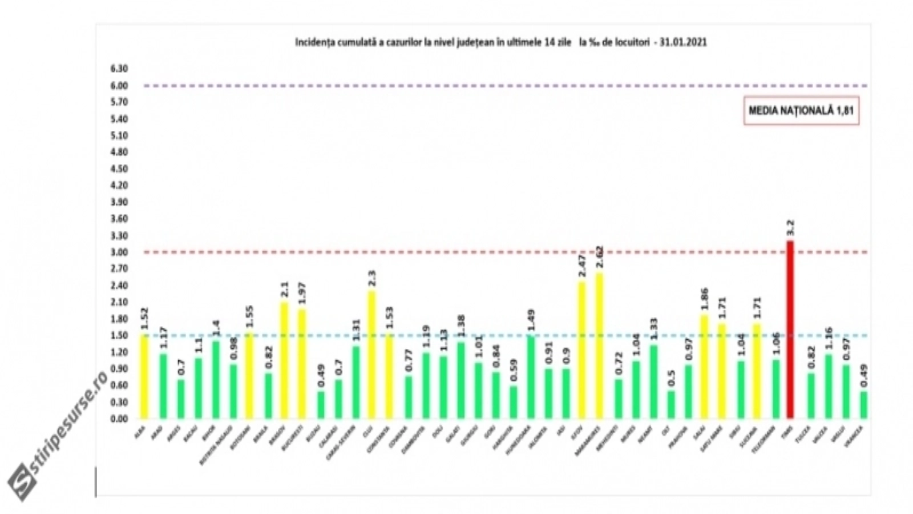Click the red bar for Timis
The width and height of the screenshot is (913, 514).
(x=790, y=330)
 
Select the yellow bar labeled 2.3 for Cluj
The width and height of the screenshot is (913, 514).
(x=371, y=355)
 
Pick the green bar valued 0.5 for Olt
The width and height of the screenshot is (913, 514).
(x=671, y=404)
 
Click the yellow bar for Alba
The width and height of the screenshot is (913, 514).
(x=144, y=376)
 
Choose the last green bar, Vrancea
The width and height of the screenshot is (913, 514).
(x=863, y=405)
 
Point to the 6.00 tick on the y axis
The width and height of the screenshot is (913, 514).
(x=119, y=86)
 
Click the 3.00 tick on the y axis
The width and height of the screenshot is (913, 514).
(x=119, y=252)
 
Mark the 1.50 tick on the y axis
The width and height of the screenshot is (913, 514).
(x=119, y=336)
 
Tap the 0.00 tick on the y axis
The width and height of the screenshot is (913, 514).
(x=119, y=419)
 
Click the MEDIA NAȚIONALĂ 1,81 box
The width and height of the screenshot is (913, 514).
(x=801, y=111)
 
